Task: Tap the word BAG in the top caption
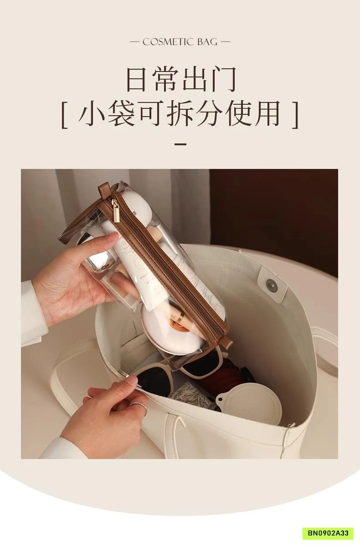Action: tap(207, 42)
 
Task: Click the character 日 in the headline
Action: tap(138, 80)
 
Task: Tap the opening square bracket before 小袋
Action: tap(64, 116)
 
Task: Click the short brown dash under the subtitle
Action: tap(181, 144)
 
